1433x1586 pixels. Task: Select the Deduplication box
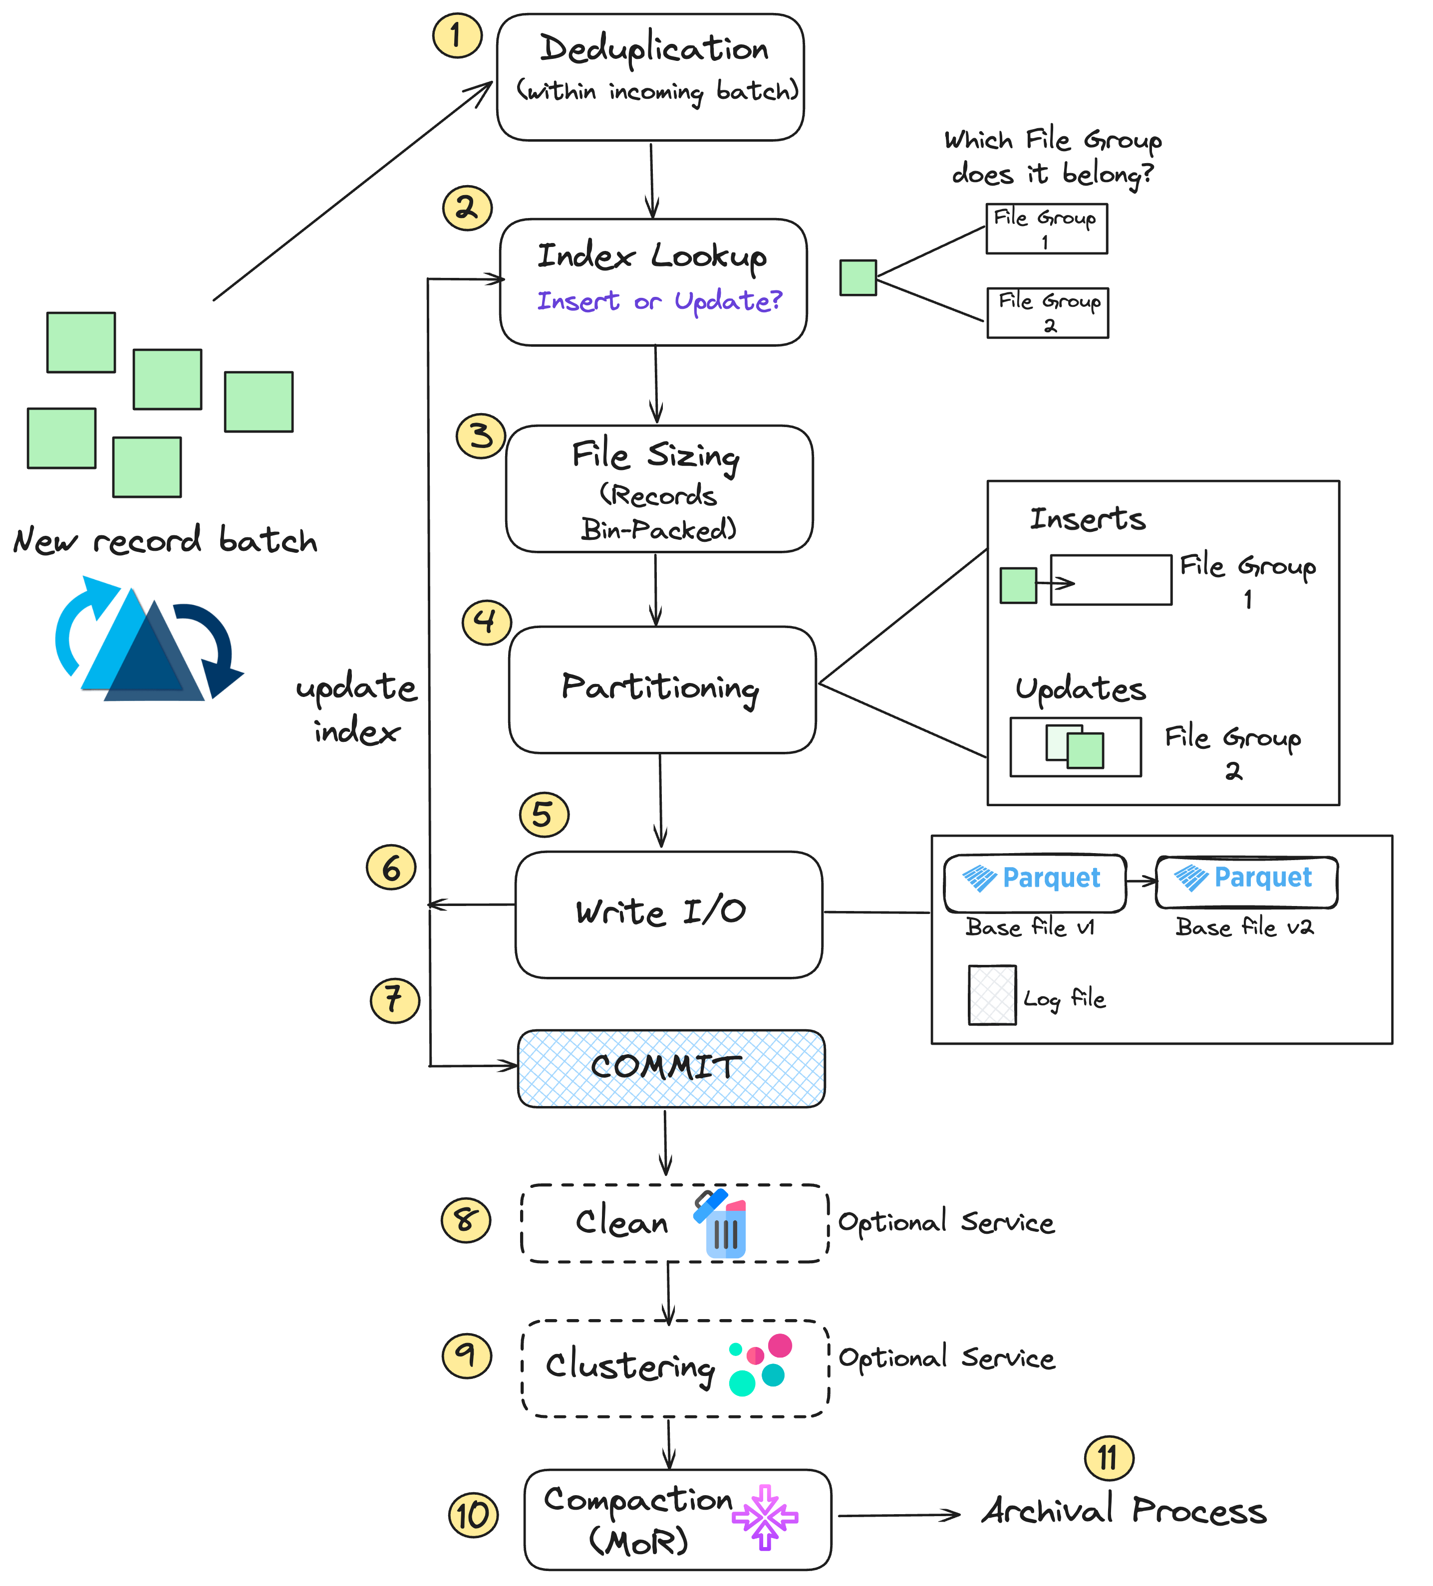pos(650,77)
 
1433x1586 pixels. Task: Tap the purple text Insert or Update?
pos(659,300)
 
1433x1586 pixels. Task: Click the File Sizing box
pos(659,488)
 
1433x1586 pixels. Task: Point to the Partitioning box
pos(662,689)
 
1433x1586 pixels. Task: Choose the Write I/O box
pos(668,914)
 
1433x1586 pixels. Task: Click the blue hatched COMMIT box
pos(670,1068)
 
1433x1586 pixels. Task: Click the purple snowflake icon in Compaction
pos(765,1516)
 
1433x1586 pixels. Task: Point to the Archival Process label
pos(1123,1511)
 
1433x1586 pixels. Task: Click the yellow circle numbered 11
pos(1108,1458)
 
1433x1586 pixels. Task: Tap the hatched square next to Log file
pos(992,995)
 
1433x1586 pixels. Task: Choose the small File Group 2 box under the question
pos(1047,312)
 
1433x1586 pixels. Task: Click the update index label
pos(356,708)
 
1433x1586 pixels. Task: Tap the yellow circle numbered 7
pos(394,1000)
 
